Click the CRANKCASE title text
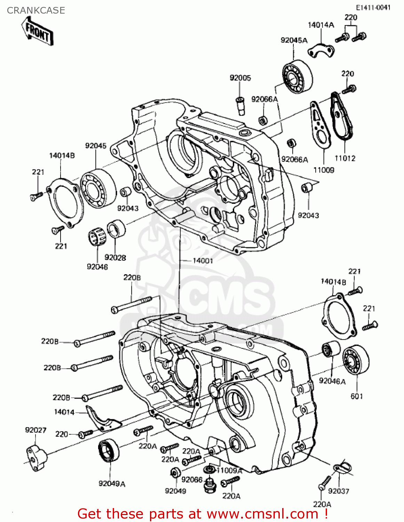(36, 10)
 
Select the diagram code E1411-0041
(373, 8)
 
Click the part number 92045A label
(294, 40)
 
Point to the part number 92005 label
(240, 78)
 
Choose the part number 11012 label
(345, 158)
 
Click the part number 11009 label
(324, 170)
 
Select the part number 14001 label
(203, 261)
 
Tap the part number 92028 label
(115, 258)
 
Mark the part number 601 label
(357, 396)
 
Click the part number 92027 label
(35, 430)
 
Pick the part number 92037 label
(338, 491)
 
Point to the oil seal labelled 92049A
(109, 451)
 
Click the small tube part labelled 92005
(240, 105)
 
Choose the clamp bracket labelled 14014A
(321, 49)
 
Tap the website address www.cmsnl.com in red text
(262, 514)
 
